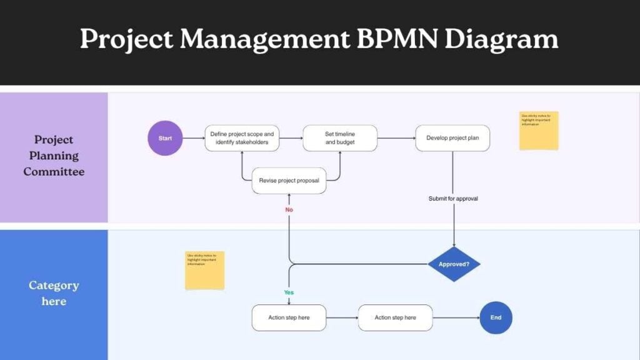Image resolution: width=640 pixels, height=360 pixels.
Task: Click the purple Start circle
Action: click(165, 138)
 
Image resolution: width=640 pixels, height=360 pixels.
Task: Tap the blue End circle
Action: click(496, 317)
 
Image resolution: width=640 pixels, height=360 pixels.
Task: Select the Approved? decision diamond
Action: click(454, 264)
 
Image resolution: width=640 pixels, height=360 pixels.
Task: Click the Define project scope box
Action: click(242, 138)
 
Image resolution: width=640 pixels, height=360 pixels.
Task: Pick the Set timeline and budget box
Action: click(340, 138)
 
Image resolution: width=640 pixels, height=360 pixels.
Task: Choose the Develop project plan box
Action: click(452, 138)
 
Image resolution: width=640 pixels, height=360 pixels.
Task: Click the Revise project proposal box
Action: click(289, 181)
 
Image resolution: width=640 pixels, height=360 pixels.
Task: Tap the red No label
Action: click(289, 210)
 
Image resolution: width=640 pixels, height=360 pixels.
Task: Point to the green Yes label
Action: click(289, 292)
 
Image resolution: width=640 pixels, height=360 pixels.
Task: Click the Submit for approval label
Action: click(453, 199)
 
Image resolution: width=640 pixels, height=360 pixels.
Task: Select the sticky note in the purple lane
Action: click(538, 131)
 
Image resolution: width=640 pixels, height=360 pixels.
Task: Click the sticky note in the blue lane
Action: click(204, 270)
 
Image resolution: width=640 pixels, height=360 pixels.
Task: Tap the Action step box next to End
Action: click(395, 317)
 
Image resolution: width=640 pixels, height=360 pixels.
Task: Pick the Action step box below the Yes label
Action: click(289, 317)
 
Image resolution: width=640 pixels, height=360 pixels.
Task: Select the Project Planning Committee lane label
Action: click(54, 155)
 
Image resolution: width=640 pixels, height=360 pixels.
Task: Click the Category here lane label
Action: click(54, 293)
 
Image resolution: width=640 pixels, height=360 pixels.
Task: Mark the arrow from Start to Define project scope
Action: click(194, 138)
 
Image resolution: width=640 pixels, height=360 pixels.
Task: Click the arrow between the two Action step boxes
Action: click(342, 317)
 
